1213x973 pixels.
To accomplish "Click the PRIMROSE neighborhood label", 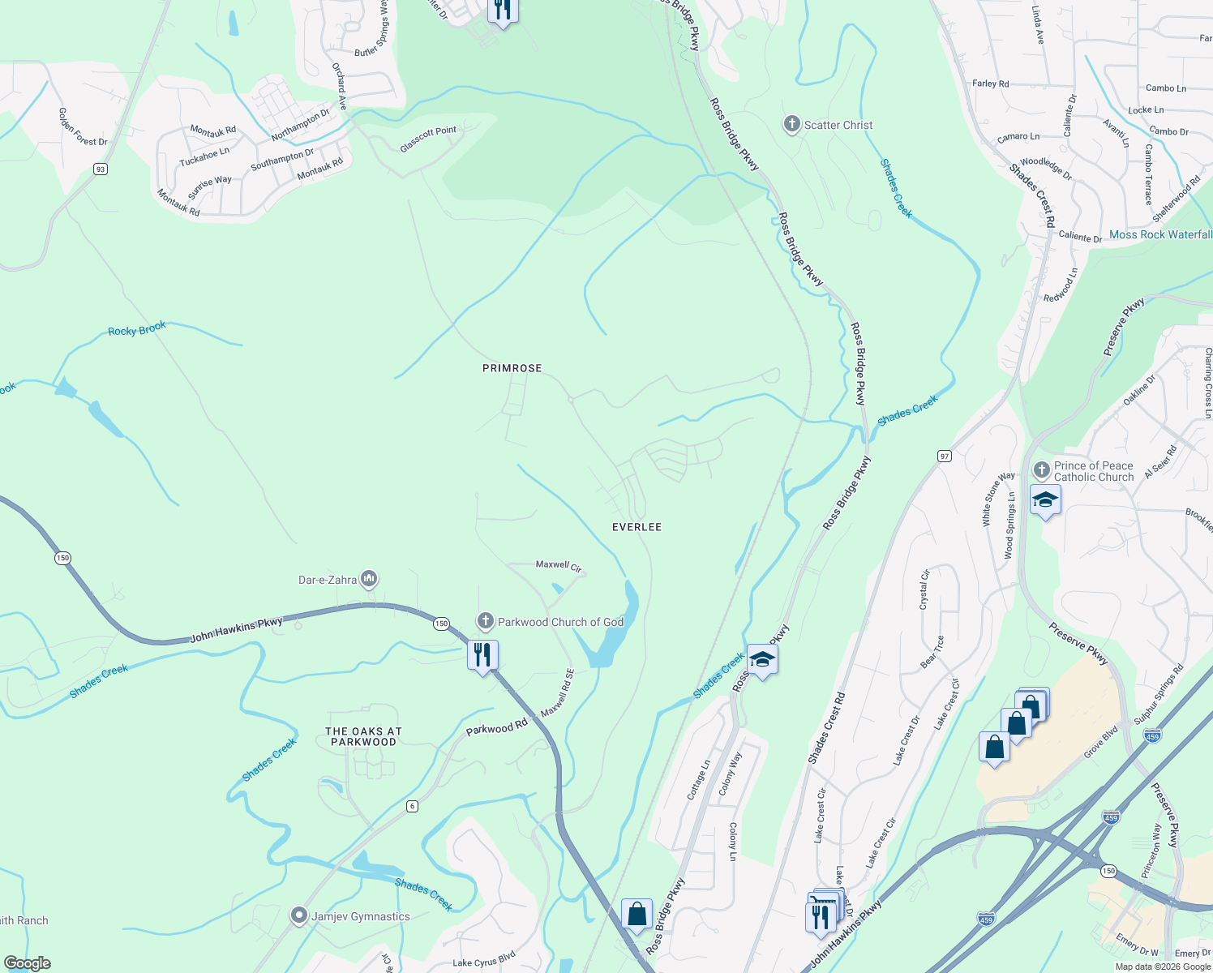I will tap(512, 368).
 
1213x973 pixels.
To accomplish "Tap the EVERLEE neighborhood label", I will tap(637, 527).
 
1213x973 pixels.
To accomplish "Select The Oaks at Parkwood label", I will tap(363, 736).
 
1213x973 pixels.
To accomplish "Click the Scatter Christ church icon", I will tap(791, 125).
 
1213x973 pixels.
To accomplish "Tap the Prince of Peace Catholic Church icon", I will tap(1041, 470).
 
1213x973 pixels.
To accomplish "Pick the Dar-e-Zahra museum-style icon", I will tap(369, 579).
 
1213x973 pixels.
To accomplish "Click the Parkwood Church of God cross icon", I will tap(485, 622).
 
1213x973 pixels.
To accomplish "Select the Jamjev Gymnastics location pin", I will tap(299, 916).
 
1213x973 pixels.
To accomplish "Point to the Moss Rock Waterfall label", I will tap(1160, 234).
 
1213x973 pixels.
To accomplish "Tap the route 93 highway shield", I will tap(100, 169).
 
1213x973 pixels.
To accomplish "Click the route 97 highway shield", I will tap(944, 456).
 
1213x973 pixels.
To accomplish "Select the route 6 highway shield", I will tap(413, 805).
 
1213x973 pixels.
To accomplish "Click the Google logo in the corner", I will tap(27, 963).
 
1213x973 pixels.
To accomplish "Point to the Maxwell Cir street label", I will tap(559, 565).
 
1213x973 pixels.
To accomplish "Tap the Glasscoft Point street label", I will tap(428, 139).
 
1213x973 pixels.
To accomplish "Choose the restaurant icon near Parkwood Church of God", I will tap(482, 654).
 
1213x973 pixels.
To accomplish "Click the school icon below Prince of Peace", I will tap(1045, 500).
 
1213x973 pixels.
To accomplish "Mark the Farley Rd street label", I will tap(990, 84).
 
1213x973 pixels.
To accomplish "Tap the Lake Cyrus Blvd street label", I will tap(484, 959).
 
